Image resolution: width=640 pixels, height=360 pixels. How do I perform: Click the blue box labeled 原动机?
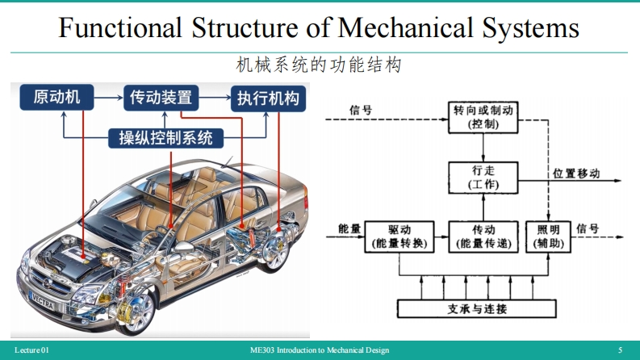click(x=56, y=98)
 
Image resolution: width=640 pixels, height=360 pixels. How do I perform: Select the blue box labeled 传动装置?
click(x=161, y=98)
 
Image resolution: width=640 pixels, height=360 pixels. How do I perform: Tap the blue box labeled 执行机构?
click(x=268, y=98)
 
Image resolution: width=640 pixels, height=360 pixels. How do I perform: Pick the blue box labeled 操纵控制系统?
click(x=165, y=137)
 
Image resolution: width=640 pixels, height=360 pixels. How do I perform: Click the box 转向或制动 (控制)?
click(x=483, y=118)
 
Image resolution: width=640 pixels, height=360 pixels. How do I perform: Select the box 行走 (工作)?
click(x=483, y=178)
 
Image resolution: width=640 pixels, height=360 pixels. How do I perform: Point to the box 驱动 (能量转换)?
click(x=399, y=237)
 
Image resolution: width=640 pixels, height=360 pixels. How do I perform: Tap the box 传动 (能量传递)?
click(x=483, y=237)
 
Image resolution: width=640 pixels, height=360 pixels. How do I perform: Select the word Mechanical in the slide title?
click(x=403, y=29)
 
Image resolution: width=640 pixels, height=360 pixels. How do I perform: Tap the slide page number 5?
click(x=620, y=350)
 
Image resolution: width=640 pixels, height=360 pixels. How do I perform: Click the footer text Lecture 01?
click(x=31, y=350)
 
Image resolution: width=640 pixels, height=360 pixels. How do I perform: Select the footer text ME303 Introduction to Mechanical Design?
click(x=320, y=350)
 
